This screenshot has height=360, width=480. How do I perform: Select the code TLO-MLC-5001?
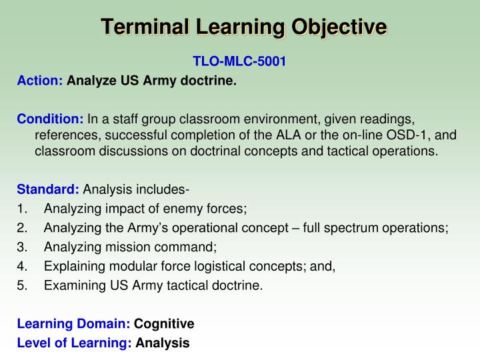click(x=239, y=62)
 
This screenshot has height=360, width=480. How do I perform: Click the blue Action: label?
click(x=39, y=81)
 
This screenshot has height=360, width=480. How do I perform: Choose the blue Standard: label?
click(x=48, y=189)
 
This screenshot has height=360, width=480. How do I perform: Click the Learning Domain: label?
click(x=73, y=324)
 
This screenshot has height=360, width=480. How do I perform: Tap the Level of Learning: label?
click(x=74, y=343)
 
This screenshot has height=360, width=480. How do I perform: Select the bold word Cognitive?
click(x=164, y=324)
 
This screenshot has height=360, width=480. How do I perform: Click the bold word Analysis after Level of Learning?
click(x=163, y=343)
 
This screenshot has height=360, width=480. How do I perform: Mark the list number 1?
click(x=22, y=209)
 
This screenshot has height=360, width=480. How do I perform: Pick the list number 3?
click(x=22, y=247)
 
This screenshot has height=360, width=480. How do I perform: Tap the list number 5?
click(x=22, y=286)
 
